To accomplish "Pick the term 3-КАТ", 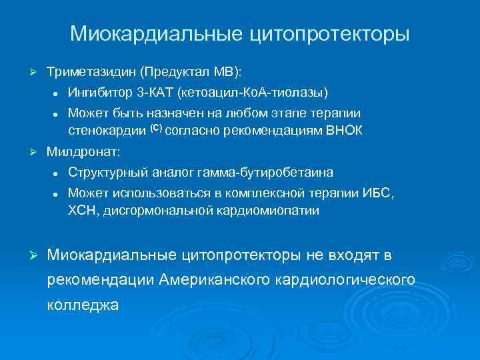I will click(155, 91).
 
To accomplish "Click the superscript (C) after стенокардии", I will click(137, 127).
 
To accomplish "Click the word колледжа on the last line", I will click(83, 305).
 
